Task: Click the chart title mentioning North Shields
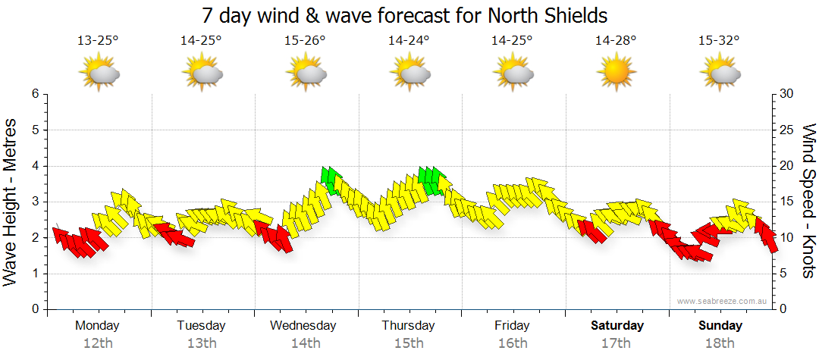click(x=406, y=15)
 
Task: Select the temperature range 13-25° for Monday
click(x=98, y=41)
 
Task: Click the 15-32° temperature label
click(x=720, y=41)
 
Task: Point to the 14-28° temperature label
click(x=616, y=41)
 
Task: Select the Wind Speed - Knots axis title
click(x=808, y=202)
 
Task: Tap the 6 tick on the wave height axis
click(x=35, y=94)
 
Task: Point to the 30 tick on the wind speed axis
click(x=787, y=94)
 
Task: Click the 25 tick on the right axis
click(x=787, y=130)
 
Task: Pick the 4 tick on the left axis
click(x=35, y=166)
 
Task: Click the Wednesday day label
click(x=303, y=326)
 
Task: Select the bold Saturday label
click(x=617, y=326)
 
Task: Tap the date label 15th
click(x=409, y=343)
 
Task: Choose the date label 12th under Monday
click(x=98, y=343)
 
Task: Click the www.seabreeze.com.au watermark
click(x=722, y=301)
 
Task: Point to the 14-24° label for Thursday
click(x=409, y=41)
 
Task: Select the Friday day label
click(x=513, y=326)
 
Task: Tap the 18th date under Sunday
click(x=720, y=343)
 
